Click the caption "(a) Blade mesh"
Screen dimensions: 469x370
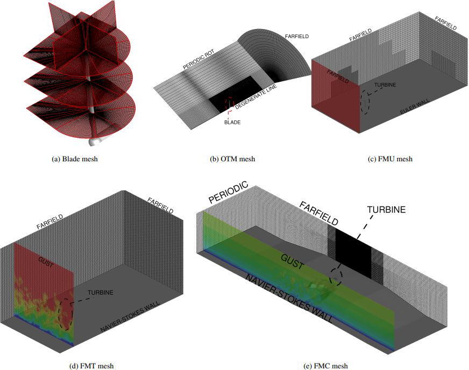75,159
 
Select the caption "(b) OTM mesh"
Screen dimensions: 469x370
232,159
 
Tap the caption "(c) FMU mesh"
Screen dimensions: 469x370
390,159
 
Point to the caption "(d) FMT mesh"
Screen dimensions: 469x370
91,366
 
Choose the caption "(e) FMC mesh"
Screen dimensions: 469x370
325,366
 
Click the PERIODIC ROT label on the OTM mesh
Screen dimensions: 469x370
198,60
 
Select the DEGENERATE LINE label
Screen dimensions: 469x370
256,96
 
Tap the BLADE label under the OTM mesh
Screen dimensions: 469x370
232,122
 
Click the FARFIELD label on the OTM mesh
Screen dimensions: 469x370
297,37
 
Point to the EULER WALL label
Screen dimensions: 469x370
415,106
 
